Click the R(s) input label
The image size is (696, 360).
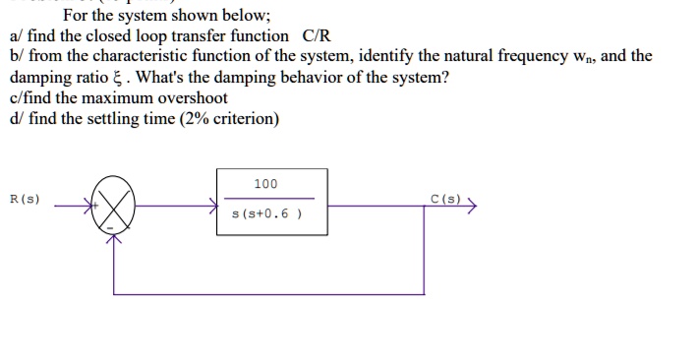point(24,199)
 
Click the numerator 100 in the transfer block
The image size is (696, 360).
point(265,184)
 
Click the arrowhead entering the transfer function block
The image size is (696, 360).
point(212,207)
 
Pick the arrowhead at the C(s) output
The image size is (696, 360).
point(472,207)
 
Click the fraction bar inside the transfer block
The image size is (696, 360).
point(266,200)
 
